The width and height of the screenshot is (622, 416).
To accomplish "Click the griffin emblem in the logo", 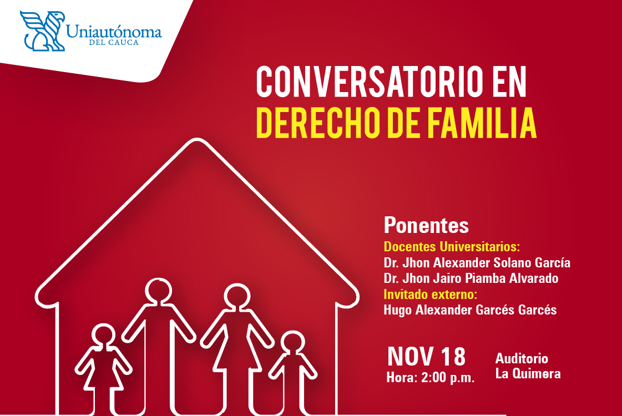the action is pyautogui.click(x=43, y=31).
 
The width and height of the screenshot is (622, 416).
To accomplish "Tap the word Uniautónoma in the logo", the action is pyautogui.click(x=114, y=31).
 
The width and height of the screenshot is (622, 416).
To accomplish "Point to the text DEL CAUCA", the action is pyautogui.click(x=114, y=43).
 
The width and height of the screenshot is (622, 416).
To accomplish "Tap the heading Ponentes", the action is pyautogui.click(x=426, y=225).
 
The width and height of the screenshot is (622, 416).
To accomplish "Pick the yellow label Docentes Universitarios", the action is pyautogui.click(x=452, y=247).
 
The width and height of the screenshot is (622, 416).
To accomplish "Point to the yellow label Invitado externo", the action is pyautogui.click(x=430, y=295).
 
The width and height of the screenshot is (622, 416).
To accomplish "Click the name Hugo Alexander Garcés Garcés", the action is pyautogui.click(x=470, y=310).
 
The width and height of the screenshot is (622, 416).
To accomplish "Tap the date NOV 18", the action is pyautogui.click(x=426, y=356).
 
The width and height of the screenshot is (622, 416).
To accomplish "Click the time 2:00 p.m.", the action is pyautogui.click(x=448, y=378).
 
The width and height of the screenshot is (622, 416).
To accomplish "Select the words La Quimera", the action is pyautogui.click(x=528, y=373).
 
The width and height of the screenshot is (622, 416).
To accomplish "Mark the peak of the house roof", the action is pyautogui.click(x=197, y=139).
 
